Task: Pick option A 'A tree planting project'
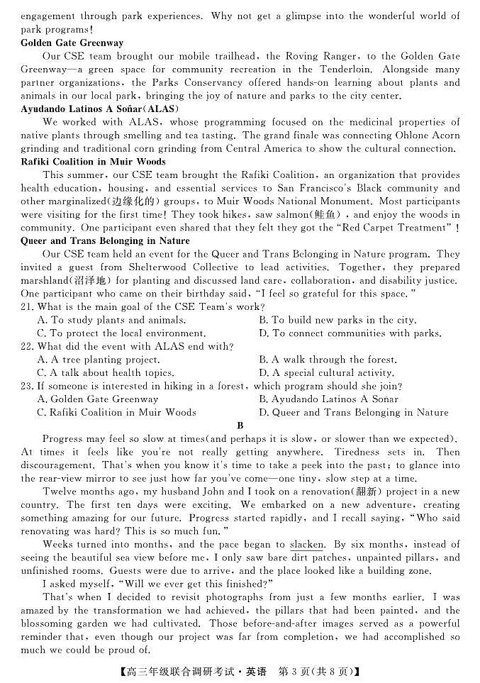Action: [99, 360]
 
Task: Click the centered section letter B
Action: [240, 426]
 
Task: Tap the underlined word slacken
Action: [307, 545]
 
